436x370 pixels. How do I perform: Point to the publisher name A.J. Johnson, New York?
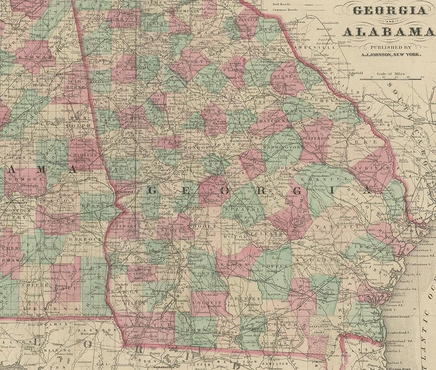click(x=392, y=56)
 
